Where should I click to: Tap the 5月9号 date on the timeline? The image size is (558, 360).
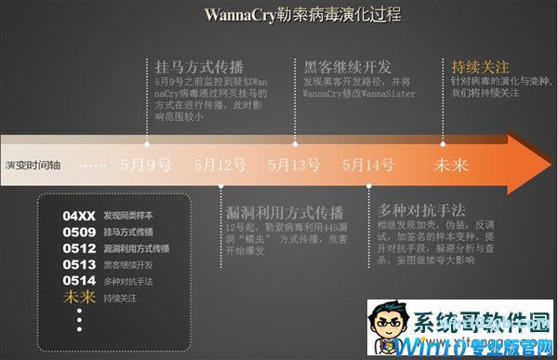[x=146, y=165]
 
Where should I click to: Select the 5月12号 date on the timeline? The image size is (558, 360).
[x=220, y=165]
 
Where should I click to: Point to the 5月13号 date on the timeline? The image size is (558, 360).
[x=294, y=165]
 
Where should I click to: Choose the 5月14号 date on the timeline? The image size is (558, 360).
[x=367, y=165]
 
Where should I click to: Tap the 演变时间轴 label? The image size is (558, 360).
[x=33, y=165]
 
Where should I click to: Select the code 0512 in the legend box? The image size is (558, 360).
[x=79, y=248]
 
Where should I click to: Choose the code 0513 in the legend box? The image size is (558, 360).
[x=79, y=264]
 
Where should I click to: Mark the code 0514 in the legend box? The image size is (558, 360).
[x=79, y=281]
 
